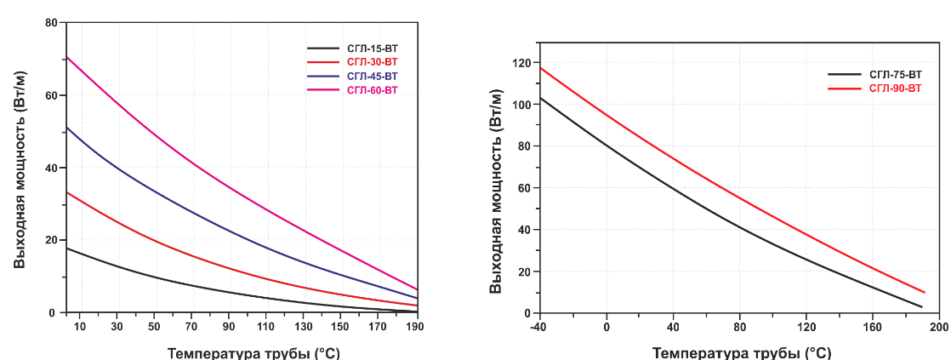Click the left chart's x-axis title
coord(253,352)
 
